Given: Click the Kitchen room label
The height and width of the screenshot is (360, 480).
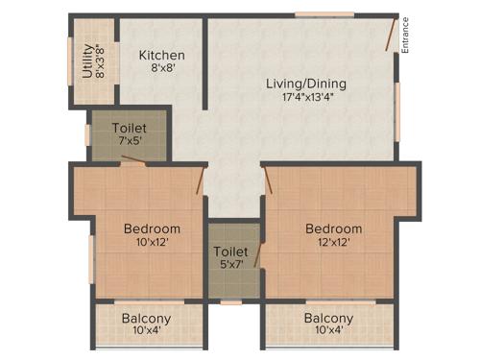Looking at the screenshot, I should (x=161, y=55).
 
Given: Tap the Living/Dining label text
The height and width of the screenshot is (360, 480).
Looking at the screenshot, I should (x=306, y=84).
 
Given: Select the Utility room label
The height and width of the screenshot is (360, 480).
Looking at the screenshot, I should (x=87, y=60).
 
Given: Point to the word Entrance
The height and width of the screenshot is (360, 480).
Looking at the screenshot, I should (x=406, y=36).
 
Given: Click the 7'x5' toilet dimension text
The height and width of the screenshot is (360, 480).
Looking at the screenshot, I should (x=129, y=142).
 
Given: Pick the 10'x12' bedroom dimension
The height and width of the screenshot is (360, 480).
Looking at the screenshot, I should (x=152, y=244).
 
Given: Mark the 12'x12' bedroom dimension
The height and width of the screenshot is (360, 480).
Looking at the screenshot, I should (x=333, y=244).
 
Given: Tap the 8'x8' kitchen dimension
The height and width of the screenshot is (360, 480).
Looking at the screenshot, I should (x=161, y=69).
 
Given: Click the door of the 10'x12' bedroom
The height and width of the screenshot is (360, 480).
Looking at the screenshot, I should (x=201, y=180).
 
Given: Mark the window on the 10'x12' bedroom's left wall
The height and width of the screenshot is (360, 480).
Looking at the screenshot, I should (x=90, y=259).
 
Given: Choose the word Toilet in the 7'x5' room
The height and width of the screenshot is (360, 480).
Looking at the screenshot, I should (x=129, y=128).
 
